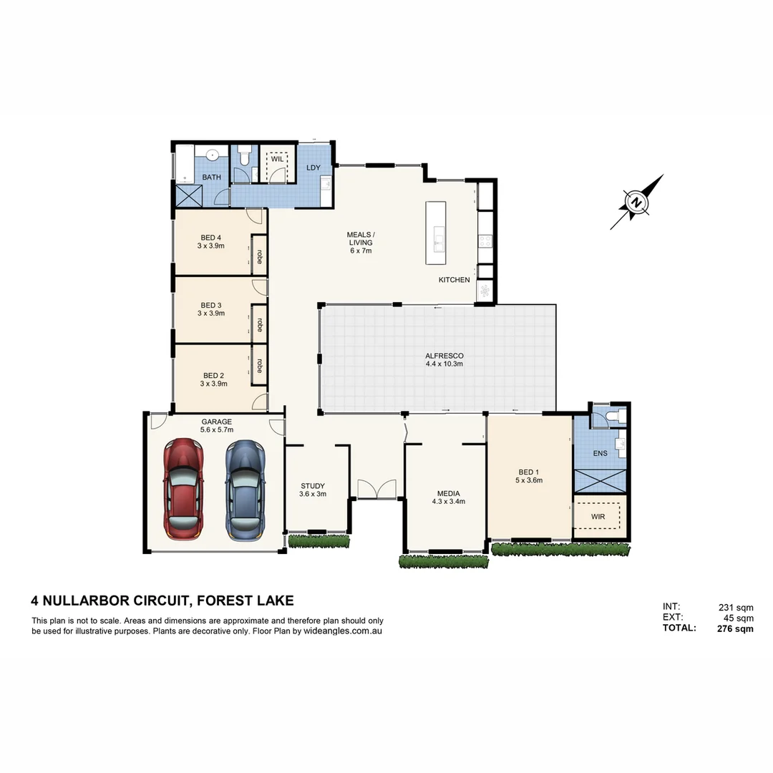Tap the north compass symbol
(636, 203)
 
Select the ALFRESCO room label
(444, 356)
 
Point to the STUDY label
(313, 487)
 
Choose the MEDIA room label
(448, 493)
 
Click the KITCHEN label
(454, 280)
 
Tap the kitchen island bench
(436, 233)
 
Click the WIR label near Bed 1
(599, 516)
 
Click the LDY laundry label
(313, 167)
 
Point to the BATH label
(211, 177)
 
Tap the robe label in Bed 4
(258, 254)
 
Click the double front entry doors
(376, 489)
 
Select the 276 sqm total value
(735, 629)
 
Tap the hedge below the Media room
(444, 561)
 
